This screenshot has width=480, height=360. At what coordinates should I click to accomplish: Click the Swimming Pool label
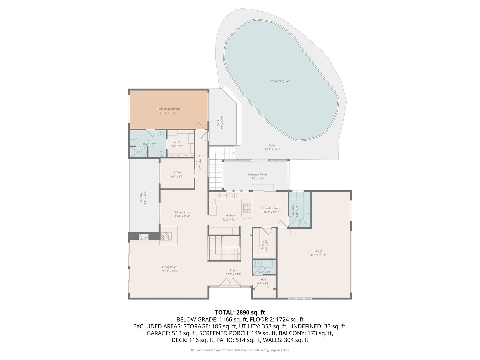[280, 81]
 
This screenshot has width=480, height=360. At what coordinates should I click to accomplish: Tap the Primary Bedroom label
[168, 109]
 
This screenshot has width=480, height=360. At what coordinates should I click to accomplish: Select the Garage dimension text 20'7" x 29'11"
[318, 255]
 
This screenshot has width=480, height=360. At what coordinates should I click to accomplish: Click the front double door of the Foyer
[230, 283]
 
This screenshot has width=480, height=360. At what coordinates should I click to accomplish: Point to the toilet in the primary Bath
[134, 136]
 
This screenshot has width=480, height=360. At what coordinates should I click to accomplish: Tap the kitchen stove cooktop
[247, 208]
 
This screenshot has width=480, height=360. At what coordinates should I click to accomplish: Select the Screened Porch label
[257, 174]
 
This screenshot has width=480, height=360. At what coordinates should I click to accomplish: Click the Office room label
[177, 172]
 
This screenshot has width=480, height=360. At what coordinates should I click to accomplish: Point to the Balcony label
[141, 197]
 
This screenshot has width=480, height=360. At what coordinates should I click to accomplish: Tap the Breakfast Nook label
[271, 208]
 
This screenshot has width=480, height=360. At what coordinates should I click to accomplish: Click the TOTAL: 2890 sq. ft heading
[240, 312]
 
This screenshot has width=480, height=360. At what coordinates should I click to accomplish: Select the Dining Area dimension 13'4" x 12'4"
[182, 216]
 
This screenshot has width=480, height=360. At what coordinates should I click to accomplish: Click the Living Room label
[170, 267]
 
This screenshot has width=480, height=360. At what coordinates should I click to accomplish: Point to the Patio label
[272, 145]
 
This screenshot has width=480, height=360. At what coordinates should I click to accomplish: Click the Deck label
[218, 123]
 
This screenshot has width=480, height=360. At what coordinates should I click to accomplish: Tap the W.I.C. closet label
[177, 142]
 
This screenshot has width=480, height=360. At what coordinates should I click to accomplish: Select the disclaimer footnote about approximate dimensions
[240, 350]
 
